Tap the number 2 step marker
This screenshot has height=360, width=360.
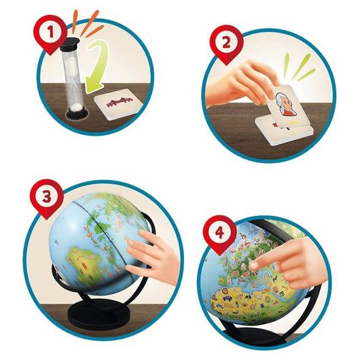click(226, 44)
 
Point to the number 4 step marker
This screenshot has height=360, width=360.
click(219, 234)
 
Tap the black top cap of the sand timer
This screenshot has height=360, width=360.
click(70, 42)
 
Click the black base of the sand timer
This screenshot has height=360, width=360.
click(77, 113)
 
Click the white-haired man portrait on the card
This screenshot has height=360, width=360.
click(285, 105)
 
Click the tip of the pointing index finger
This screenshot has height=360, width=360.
click(253, 266)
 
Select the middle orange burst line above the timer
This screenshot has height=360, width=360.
click(90, 23)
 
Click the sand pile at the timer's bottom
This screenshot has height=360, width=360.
click(77, 106)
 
